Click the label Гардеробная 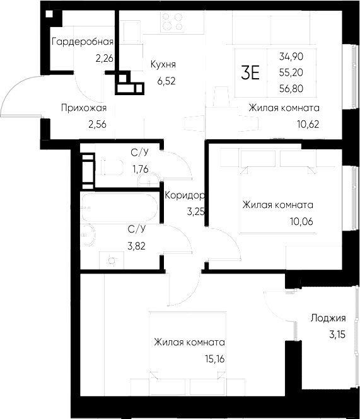click(x=82, y=42)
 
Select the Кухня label click(x=163, y=64)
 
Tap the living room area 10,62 click(x=308, y=123)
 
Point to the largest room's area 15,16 click(x=214, y=359)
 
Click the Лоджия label click(x=323, y=318)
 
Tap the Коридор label click(x=183, y=195)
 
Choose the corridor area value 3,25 click(x=195, y=212)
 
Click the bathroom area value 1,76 click(x=142, y=168)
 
